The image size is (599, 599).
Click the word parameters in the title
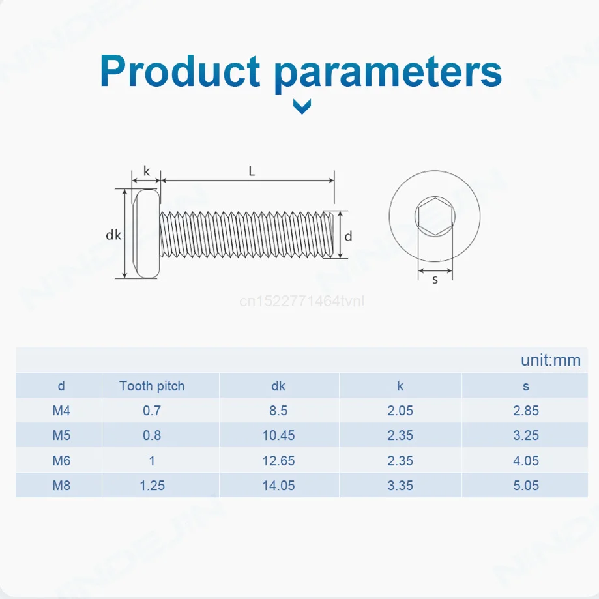[388, 74]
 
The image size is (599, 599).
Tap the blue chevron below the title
[302, 107]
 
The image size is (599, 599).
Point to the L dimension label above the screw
[252, 171]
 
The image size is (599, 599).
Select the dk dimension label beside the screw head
[113, 235]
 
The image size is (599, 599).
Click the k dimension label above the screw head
[146, 171]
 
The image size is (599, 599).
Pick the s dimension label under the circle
[435, 280]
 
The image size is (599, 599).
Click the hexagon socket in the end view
[435, 216]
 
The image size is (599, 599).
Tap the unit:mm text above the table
[551, 360]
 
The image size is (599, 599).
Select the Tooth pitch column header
[152, 386]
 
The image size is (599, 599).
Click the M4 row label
[61, 411]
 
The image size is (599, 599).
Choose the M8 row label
[61, 486]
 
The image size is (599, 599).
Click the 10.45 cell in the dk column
[278, 435]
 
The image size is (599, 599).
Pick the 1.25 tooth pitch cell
[152, 486]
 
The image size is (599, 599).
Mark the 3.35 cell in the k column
[400, 486]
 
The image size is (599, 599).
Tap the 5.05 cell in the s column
[525, 486]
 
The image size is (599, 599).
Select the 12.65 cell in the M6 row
[278, 461]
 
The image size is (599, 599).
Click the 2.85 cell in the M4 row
[525, 411]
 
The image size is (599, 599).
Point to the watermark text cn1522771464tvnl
[302, 301]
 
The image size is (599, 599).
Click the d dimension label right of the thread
[348, 237]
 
